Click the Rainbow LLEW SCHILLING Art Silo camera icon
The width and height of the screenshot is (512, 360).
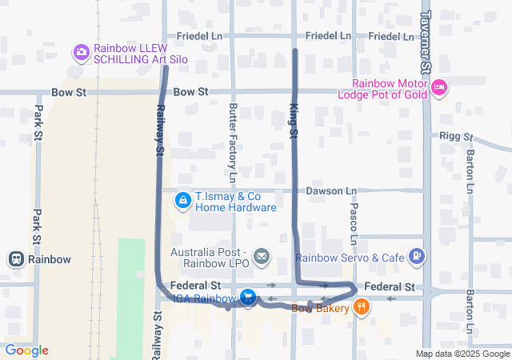(82, 53)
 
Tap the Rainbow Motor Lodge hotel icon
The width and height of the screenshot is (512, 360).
(438, 87)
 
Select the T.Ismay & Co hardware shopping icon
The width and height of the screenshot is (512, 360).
(183, 199)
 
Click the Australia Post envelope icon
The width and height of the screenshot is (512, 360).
(262, 257)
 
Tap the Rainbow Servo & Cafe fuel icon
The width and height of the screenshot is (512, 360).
(416, 256)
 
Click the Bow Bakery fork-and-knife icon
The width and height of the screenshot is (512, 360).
(362, 306)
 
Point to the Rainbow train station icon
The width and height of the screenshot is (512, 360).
(15, 259)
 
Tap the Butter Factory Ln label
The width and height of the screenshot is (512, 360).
(233, 142)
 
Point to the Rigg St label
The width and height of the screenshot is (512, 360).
(456, 136)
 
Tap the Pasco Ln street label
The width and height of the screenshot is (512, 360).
(353, 223)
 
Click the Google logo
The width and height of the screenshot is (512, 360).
(26, 350)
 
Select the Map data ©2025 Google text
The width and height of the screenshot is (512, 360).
(462, 354)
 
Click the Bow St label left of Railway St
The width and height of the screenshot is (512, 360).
(68, 93)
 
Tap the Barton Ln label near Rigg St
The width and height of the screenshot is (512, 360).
(470, 165)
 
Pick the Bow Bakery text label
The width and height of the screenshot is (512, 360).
(320, 308)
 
